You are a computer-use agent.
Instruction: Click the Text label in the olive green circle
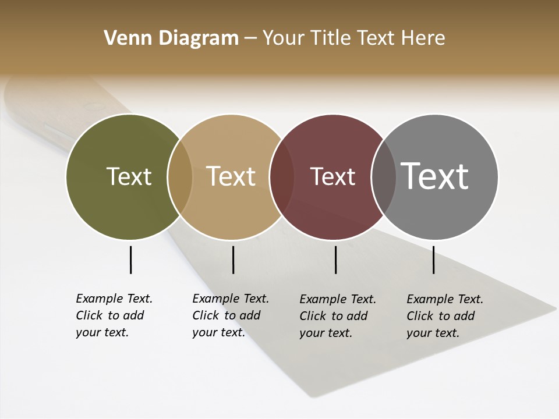[129, 176]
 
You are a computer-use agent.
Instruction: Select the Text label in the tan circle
[231, 176]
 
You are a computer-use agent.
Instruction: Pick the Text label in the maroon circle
[332, 176]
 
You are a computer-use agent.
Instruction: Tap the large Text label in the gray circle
[435, 176]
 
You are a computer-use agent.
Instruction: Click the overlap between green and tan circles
[180, 176]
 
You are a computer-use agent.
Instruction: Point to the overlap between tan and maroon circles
[282, 176]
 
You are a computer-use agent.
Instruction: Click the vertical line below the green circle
[130, 260]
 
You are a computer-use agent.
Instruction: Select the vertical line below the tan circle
[233, 260]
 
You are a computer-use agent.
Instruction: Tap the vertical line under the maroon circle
[335, 260]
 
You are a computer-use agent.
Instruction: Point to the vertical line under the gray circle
[433, 260]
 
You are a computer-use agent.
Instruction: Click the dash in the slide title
[250, 39]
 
